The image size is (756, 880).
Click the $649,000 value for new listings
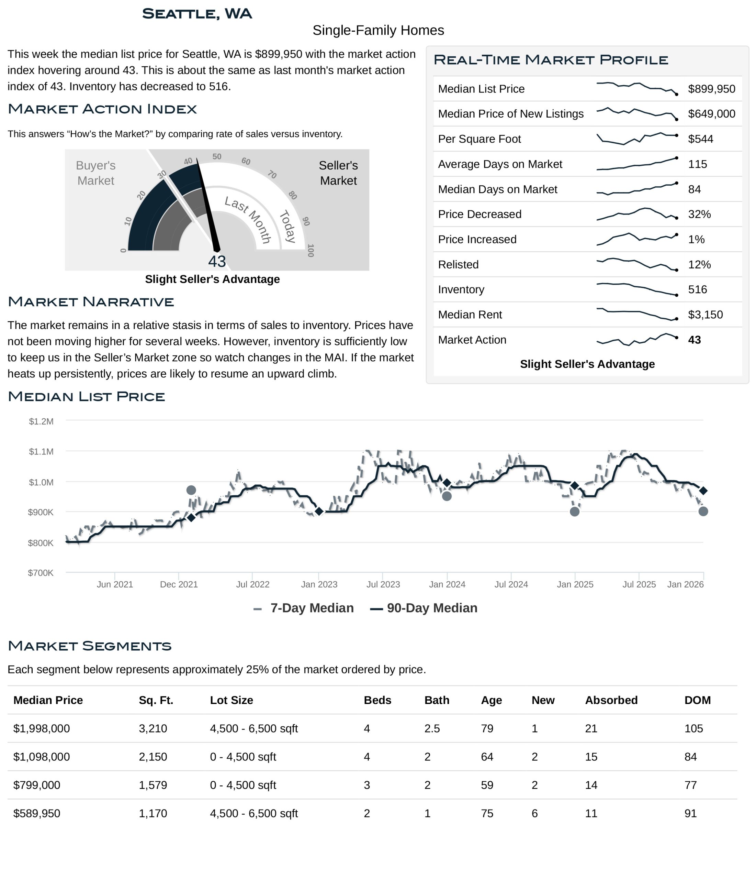(711, 114)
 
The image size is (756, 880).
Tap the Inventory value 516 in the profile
(697, 290)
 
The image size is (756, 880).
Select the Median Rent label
(470, 315)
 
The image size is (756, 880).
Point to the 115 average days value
(697, 164)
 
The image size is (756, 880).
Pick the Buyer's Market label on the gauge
(95, 173)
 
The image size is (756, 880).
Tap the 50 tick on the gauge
(217, 157)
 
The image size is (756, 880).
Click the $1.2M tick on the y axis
(41, 421)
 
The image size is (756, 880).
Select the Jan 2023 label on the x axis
(319, 584)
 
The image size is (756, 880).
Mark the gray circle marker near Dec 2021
(191, 490)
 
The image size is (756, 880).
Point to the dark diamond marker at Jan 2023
(319, 511)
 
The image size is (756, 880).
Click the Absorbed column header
(611, 700)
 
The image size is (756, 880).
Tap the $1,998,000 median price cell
(42, 729)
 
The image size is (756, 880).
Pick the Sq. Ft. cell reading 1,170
(153, 814)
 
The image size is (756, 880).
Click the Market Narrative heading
(91, 302)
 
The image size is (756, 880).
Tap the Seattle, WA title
(197, 14)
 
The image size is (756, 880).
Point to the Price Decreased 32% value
(699, 214)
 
